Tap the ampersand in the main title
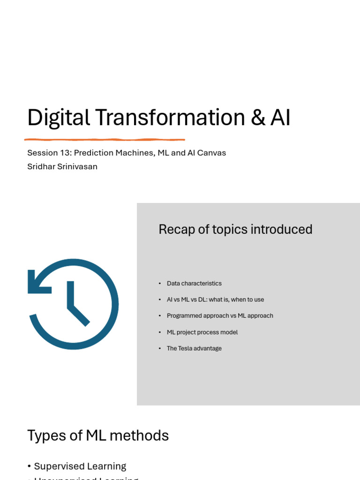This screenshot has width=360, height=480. pos(258,118)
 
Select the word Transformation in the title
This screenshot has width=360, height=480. pos(171,118)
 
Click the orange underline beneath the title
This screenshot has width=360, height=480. pos(105,139)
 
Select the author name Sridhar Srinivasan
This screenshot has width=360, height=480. pos(62,166)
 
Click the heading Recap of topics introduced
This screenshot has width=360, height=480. pos(235,229)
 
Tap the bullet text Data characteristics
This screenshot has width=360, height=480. pos(194,284)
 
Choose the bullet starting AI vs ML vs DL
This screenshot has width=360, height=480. pos(215,300)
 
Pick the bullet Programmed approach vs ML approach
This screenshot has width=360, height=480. pos(220,316)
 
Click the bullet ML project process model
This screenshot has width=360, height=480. pos(202,332)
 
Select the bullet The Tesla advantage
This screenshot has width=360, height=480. pos(194,348)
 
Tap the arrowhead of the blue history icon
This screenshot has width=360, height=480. pos(37,283)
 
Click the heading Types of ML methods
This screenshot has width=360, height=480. pos(98,435)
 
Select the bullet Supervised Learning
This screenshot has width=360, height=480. pos(80,466)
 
